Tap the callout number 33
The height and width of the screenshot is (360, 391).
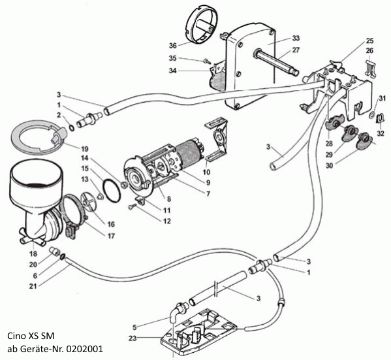pyautogui.click(x=296, y=38)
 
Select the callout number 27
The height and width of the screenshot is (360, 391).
pyautogui.click(x=296, y=50)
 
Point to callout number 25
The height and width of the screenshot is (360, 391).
pyautogui.click(x=369, y=41)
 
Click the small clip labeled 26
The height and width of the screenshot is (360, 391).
pyautogui.click(x=371, y=67)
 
